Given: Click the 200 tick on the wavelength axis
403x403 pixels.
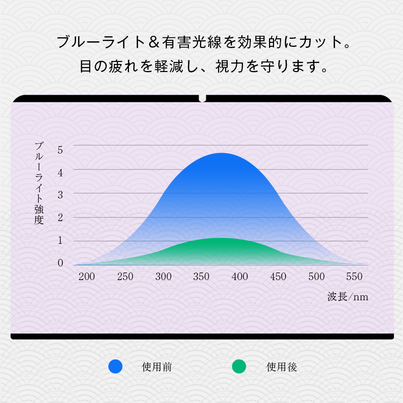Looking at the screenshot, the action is click(87, 277).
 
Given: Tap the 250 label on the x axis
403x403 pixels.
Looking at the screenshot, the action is click(125, 277).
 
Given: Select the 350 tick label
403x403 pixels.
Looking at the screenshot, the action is click(201, 277).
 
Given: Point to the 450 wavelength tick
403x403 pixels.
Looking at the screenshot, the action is click(278, 277).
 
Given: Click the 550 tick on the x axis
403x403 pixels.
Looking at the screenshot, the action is click(354, 277).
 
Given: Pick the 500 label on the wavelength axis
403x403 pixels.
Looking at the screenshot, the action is click(316, 277).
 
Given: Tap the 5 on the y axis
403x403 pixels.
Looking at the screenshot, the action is click(60, 150).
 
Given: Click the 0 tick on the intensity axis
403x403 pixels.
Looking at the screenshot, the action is click(60, 262).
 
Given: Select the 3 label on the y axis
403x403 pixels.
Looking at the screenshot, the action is click(60, 195).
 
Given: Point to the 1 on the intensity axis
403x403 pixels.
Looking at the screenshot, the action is click(60, 240).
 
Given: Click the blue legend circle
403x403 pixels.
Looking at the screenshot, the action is click(115, 367).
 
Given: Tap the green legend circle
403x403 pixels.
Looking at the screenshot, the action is click(239, 367).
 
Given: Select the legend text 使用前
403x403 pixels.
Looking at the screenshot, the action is click(157, 367).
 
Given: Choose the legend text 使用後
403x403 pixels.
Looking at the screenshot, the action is click(282, 367).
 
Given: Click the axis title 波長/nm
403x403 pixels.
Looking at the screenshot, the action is click(348, 297).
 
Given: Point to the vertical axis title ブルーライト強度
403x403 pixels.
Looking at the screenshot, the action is click(39, 183).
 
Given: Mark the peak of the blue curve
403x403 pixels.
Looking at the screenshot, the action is click(222, 153).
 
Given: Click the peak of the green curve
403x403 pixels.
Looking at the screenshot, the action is click(219, 238).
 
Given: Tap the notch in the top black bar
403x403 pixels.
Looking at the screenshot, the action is click(203, 98).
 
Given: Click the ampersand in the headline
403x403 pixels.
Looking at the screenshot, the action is click(154, 42).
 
